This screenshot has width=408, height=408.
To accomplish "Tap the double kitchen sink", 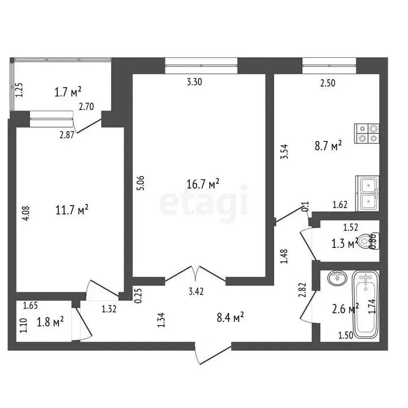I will [368, 194].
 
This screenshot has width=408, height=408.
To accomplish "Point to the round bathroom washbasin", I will [337, 278].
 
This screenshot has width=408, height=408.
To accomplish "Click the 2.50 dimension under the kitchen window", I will [328, 82].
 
